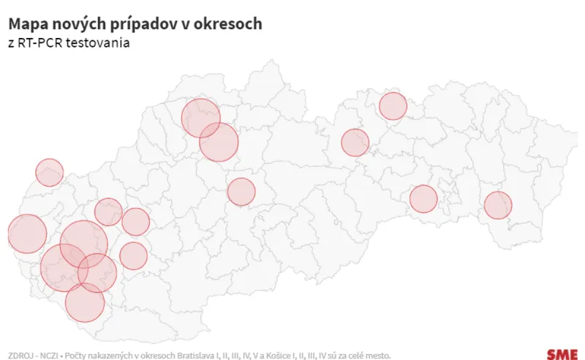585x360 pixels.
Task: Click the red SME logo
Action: pyautogui.click(x=561, y=353)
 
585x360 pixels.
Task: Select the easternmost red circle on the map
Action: pyautogui.click(x=498, y=205)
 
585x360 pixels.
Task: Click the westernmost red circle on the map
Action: pyautogui.click(x=27, y=233)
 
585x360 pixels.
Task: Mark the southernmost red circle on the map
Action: pyautogui.click(x=85, y=302)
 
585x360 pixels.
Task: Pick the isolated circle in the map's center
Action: pyautogui.click(x=241, y=192)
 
